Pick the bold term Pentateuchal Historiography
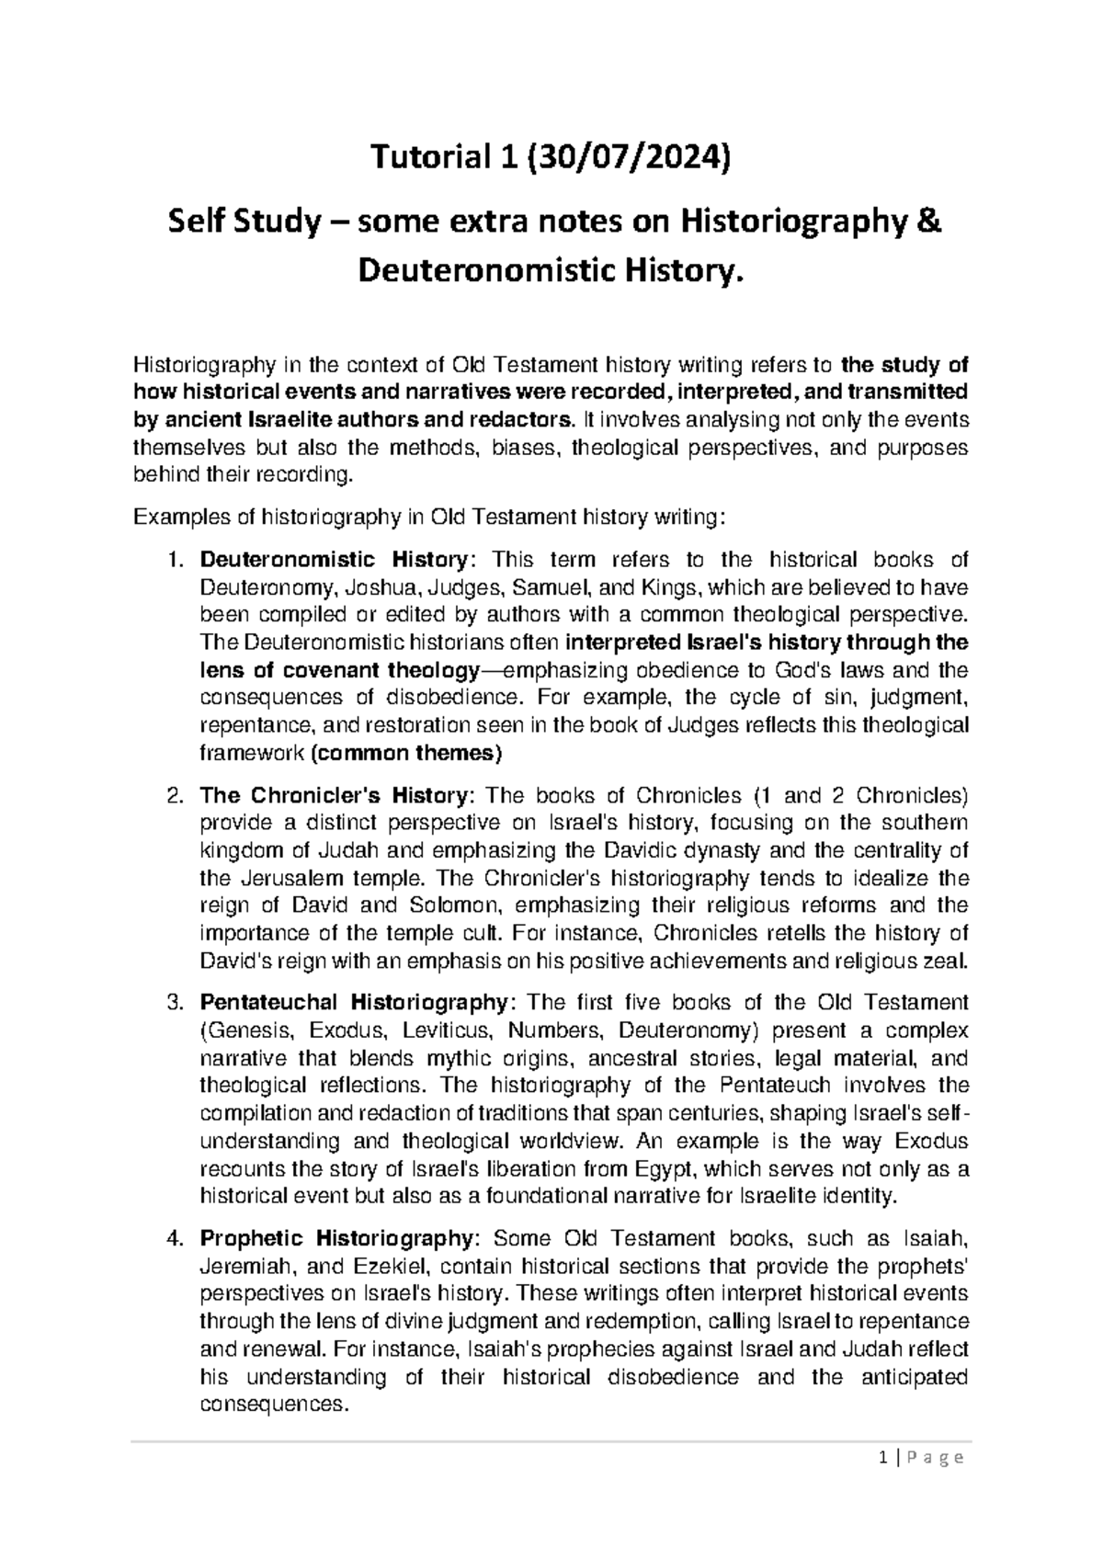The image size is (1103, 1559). click(x=352, y=1002)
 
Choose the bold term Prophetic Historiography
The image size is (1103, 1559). click(x=336, y=1237)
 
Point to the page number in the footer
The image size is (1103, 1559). click(x=883, y=1458)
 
